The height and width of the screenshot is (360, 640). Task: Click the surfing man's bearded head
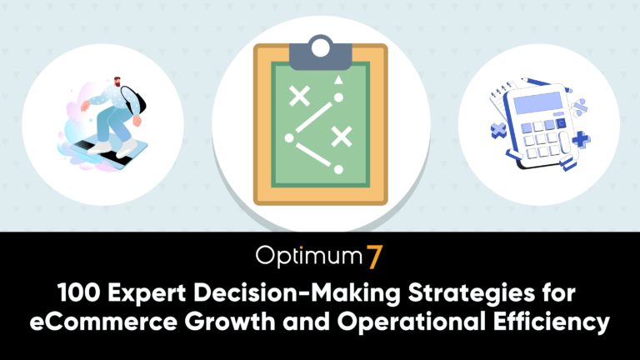click(117, 81)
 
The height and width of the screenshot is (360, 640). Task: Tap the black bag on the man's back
click(135, 100)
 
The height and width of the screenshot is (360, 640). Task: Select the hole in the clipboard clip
click(320, 48)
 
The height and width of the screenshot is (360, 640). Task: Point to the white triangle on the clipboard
click(338, 80)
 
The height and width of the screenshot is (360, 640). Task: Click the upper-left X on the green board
click(300, 97)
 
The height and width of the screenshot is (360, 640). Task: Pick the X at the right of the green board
click(342, 137)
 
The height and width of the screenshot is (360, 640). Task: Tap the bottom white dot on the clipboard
click(338, 169)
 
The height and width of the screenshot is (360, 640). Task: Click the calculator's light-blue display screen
click(538, 102)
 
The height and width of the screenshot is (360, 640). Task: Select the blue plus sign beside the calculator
click(581, 139)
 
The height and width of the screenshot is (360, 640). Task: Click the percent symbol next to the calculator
click(580, 107)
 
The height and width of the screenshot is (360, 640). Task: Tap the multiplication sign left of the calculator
click(498, 131)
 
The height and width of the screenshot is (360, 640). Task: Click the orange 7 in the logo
click(374, 257)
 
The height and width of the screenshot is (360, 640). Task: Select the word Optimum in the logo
click(309, 257)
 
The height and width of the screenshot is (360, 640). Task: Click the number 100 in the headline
click(78, 292)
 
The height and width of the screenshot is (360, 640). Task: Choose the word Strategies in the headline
click(472, 294)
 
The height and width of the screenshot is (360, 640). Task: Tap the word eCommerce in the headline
click(103, 322)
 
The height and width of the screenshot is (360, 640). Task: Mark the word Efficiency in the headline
click(552, 322)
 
